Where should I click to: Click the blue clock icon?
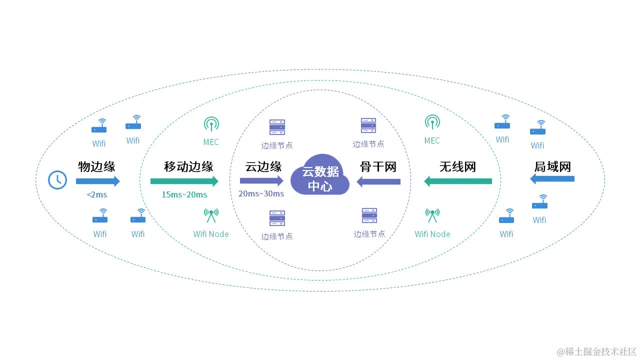point(57,179)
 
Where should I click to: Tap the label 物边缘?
point(96,166)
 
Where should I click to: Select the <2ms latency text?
point(96,194)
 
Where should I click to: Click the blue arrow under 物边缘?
point(98,181)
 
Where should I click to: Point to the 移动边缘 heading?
point(188,166)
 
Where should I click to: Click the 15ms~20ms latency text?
point(184,194)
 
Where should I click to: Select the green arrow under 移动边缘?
point(184,181)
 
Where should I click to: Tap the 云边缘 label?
point(263,166)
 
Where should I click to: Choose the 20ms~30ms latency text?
point(261,193)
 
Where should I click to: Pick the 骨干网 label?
point(378,166)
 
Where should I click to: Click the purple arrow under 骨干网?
point(378,182)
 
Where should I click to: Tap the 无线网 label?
point(457,166)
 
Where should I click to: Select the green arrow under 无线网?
point(458,181)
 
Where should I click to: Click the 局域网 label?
point(552,166)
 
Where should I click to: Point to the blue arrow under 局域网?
point(552,179)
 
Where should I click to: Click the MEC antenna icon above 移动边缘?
point(211,123)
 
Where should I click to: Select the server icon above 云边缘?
point(277,127)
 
